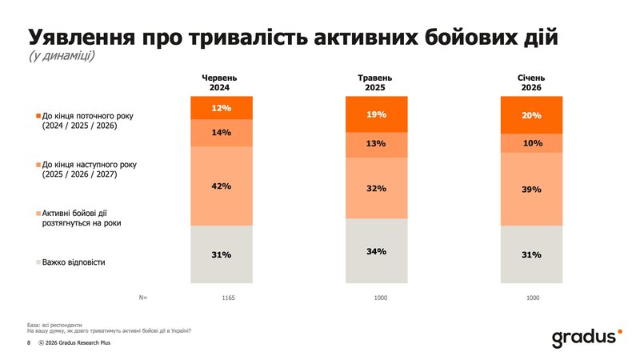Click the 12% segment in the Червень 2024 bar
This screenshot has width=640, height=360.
[222, 107]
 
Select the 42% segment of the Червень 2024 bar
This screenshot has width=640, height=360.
[222, 186]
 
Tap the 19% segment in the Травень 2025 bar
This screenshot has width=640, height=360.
[377, 114]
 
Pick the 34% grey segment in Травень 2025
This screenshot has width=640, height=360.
[377, 250]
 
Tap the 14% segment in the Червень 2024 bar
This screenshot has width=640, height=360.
[222, 132]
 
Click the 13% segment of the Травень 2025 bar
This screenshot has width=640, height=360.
[377, 144]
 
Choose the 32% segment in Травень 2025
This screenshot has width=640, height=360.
[377, 187]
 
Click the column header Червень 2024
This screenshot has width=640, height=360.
[222, 82]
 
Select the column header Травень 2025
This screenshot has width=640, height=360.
[377, 82]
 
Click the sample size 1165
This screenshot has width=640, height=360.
[229, 298]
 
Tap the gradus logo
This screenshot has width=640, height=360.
[586, 338]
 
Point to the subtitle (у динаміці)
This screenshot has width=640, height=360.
[62, 56]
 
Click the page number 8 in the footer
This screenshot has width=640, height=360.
[29, 343]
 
